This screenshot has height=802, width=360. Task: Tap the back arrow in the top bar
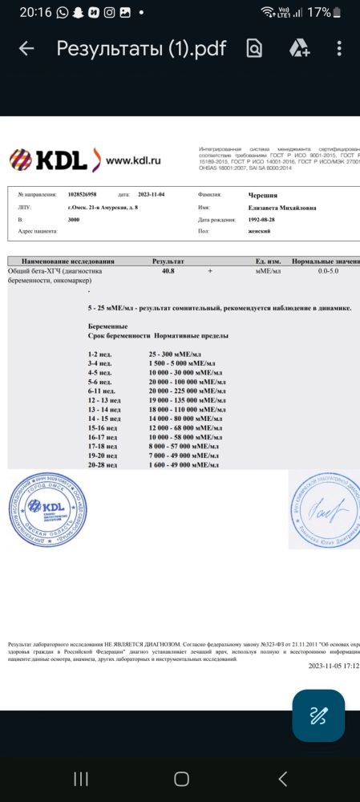tap(26, 49)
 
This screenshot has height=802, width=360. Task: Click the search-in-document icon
tap(254, 49)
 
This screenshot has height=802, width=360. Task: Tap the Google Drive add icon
tap(299, 49)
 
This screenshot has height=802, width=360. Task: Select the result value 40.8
tap(168, 272)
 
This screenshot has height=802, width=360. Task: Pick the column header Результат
tap(168, 261)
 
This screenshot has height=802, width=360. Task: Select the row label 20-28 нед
tap(104, 464)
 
